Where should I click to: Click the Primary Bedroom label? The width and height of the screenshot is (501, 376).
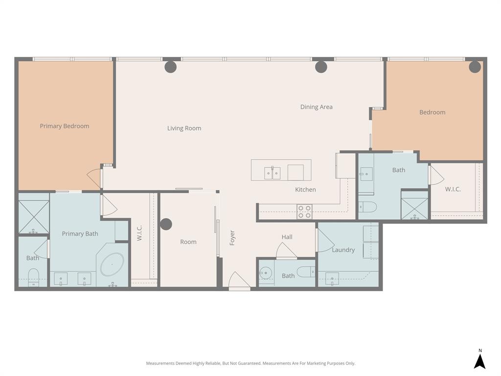coord(65,126)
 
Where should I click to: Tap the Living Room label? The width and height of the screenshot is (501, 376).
coord(184,128)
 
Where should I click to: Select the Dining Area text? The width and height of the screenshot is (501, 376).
coord(316,107)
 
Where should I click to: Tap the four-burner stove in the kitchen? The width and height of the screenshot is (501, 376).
coord(304,211)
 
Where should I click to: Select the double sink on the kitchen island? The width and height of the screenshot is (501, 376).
coord(273,173)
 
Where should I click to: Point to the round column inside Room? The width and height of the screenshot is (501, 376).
coord(166,224)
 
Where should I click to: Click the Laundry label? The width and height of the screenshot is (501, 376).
coord(343,250)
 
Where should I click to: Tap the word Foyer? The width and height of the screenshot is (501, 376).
coord(232,238)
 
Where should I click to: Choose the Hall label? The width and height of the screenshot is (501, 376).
coord(287,237)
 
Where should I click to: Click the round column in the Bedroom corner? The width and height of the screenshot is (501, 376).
coord(475,67)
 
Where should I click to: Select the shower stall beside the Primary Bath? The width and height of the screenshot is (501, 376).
coord(34,216)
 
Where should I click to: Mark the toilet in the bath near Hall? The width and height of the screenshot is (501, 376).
coord(306,272)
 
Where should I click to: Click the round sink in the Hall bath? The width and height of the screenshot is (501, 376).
coord(265,273)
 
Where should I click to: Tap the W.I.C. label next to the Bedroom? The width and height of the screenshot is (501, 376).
coord(453,189)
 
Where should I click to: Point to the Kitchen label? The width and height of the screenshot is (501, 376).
coord(305,189)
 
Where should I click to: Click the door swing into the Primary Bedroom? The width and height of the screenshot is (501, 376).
coord(94,177)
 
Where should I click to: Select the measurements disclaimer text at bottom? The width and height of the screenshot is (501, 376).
coord(250,363)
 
